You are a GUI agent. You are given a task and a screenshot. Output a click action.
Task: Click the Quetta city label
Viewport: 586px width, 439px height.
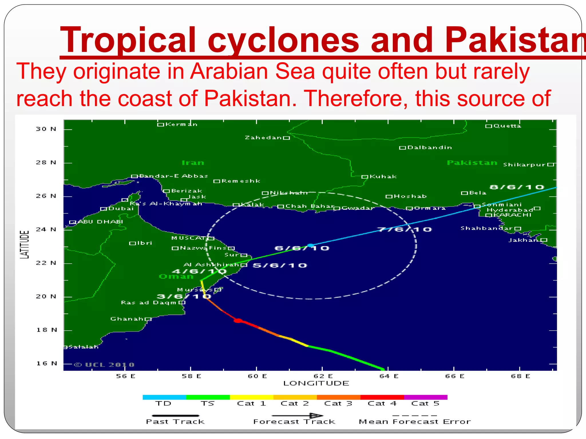[x=507, y=126]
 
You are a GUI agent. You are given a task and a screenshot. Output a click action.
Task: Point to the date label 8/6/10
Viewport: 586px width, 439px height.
[x=517, y=187]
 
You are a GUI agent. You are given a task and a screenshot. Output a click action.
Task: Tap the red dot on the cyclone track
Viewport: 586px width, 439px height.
[x=238, y=321]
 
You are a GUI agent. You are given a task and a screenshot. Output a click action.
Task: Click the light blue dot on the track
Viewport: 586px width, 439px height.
[x=310, y=246]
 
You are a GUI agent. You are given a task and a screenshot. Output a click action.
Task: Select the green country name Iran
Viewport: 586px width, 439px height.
[x=193, y=163]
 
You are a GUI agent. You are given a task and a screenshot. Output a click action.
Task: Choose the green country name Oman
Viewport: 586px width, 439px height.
[x=176, y=277]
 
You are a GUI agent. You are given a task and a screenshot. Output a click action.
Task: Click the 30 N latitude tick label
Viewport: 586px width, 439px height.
[x=46, y=129]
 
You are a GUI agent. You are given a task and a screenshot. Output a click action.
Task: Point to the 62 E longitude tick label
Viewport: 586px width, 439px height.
[x=323, y=376]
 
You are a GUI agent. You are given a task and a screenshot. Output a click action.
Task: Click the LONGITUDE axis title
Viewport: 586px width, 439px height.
[x=316, y=383]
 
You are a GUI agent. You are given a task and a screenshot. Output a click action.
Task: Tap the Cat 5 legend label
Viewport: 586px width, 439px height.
[x=425, y=404]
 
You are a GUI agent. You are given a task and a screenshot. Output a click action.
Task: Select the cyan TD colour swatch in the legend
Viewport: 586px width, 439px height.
[x=164, y=397]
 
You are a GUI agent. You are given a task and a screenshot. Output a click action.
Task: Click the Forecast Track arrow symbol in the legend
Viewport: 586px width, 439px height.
[x=298, y=416]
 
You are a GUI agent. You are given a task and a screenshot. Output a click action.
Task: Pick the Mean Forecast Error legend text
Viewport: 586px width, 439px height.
[x=415, y=422]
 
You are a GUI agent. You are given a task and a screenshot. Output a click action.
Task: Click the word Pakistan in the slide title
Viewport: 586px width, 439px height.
[x=515, y=40]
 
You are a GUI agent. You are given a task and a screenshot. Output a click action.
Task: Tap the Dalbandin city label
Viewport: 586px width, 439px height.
[x=429, y=147]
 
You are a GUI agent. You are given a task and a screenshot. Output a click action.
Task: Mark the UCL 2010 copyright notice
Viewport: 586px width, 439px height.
[x=104, y=365]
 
